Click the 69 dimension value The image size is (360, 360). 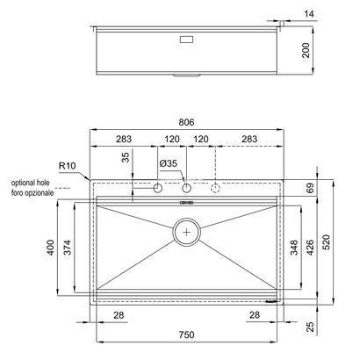310,189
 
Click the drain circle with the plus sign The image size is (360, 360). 186,233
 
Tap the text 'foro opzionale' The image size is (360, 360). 32,191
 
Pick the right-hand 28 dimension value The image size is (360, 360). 255,314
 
